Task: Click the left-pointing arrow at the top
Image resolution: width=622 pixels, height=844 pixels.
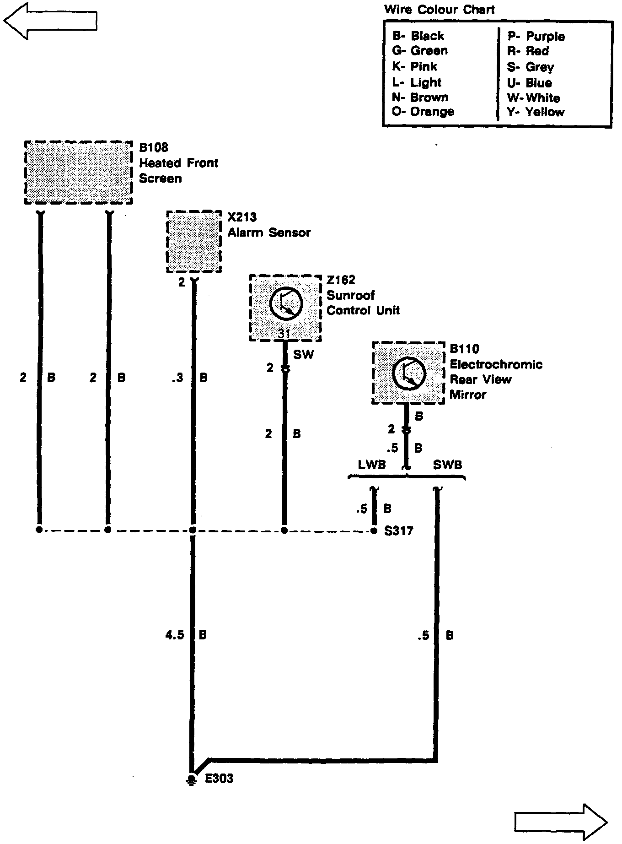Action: tap(50, 21)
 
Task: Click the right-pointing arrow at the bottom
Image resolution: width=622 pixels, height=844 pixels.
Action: tap(561, 822)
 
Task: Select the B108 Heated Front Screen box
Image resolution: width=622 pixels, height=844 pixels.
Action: tap(78, 173)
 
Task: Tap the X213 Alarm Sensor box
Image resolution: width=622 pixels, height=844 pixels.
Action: tap(194, 242)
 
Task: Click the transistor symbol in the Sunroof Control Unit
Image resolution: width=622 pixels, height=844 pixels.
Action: tap(286, 304)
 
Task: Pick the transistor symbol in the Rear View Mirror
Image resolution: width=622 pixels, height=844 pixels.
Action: tap(409, 373)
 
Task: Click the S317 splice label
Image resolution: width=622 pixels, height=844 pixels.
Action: tap(399, 531)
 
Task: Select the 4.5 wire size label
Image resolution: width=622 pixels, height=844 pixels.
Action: tap(175, 635)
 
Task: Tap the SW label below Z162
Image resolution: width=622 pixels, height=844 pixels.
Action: tap(303, 354)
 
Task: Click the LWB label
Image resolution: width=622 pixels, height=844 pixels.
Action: tap(372, 465)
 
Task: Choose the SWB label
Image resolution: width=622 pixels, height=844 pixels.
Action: tap(447, 465)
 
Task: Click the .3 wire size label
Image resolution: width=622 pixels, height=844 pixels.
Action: tap(177, 378)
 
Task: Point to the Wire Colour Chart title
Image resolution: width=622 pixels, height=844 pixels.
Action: tap(439, 9)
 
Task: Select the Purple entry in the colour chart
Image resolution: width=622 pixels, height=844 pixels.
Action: tap(536, 36)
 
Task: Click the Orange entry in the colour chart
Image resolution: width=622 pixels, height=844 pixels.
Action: tap(423, 112)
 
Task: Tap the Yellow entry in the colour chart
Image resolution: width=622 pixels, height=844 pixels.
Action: tap(536, 112)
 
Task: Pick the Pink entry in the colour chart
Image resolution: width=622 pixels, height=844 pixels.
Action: tap(414, 66)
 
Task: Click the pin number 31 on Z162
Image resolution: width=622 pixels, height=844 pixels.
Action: tap(284, 334)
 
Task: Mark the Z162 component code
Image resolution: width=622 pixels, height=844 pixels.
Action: tap(341, 280)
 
